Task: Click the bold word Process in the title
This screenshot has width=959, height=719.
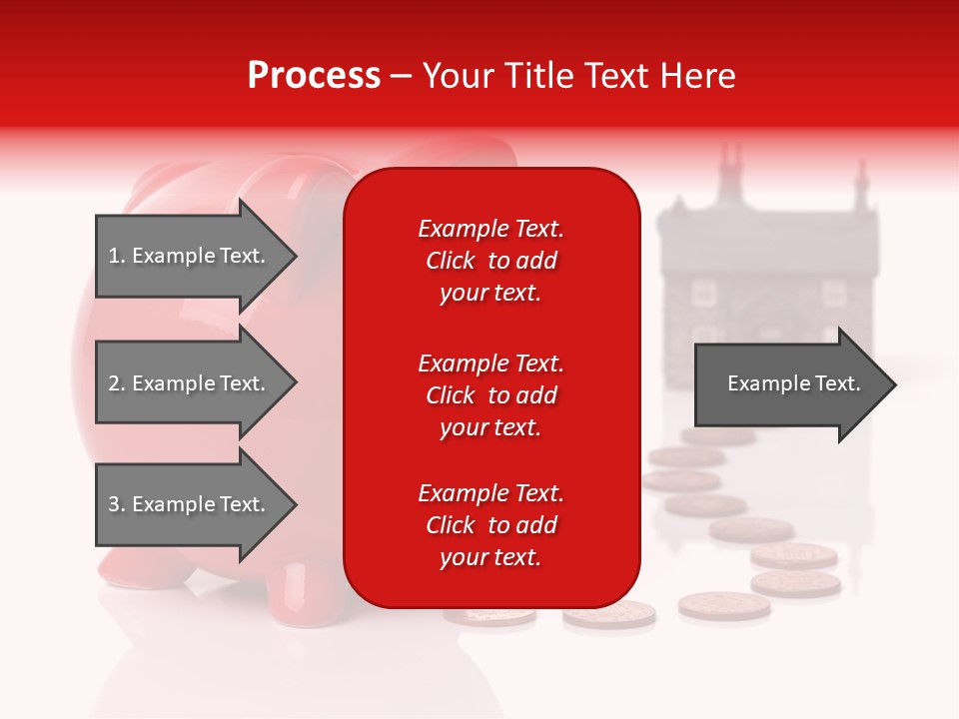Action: pyautogui.click(x=314, y=76)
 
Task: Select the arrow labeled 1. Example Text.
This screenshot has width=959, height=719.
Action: pyautogui.click(x=190, y=256)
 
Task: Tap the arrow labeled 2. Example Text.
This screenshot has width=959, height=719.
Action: pyautogui.click(x=190, y=383)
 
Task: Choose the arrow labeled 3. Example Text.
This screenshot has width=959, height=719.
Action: pyautogui.click(x=190, y=504)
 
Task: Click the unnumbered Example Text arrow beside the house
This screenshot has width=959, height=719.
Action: pyautogui.click(x=789, y=383)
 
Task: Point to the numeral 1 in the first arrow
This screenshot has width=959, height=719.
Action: pyautogui.click(x=113, y=256)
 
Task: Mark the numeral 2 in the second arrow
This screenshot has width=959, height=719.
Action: pyautogui.click(x=114, y=383)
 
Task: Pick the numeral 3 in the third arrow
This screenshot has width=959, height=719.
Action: pyautogui.click(x=114, y=504)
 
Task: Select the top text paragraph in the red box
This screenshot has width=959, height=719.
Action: pyautogui.click(x=490, y=261)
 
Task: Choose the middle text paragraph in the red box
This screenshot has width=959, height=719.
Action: pyautogui.click(x=490, y=395)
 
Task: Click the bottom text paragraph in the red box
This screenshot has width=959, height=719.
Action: pyautogui.click(x=490, y=525)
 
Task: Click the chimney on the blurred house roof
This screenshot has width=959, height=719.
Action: pyautogui.click(x=729, y=165)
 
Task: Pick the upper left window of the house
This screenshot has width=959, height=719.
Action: pyautogui.click(x=704, y=292)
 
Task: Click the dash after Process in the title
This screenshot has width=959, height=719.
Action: pyautogui.click(x=401, y=77)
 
